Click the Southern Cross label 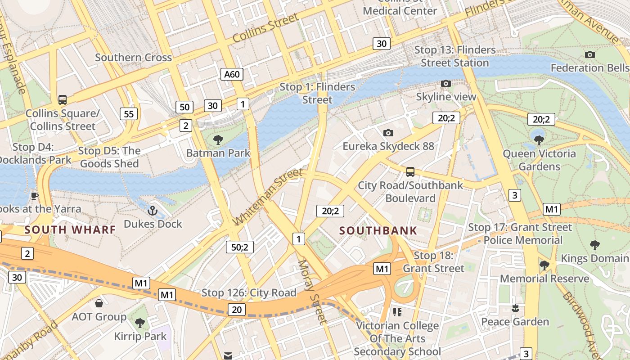click(x=133, y=58)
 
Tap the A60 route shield click(x=232, y=74)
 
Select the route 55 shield click(x=129, y=114)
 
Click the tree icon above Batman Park click(x=218, y=140)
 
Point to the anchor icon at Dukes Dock click(x=153, y=210)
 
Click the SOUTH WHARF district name click(x=70, y=230)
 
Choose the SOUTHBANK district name click(x=378, y=231)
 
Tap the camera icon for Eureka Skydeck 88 click(x=388, y=133)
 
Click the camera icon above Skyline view click(x=446, y=83)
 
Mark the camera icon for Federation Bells click(x=590, y=55)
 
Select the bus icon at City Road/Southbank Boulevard click(x=410, y=171)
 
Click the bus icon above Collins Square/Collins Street click(x=63, y=100)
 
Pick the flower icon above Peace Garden click(x=515, y=308)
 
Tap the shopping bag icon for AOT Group click(x=99, y=303)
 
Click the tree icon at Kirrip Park click(x=140, y=323)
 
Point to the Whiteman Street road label click(x=268, y=198)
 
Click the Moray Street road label click(x=311, y=292)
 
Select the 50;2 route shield click(x=239, y=247)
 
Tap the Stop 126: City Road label click(x=248, y=293)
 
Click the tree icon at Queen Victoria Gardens click(x=539, y=140)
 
